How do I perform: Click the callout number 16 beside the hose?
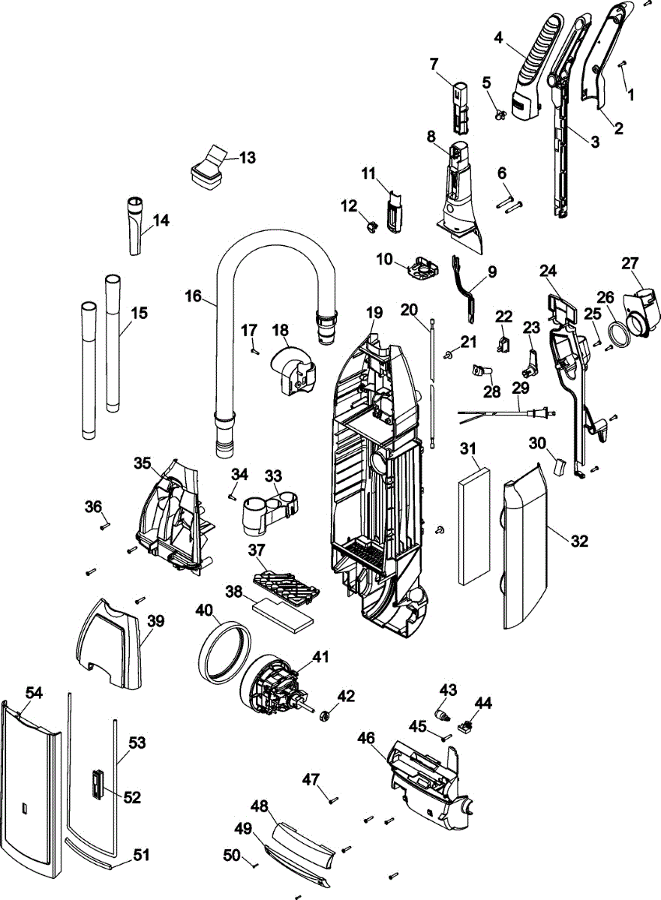click(194, 296)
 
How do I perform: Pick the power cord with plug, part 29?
click(503, 412)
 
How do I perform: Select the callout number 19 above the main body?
click(374, 312)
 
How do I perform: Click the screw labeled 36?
click(104, 526)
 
